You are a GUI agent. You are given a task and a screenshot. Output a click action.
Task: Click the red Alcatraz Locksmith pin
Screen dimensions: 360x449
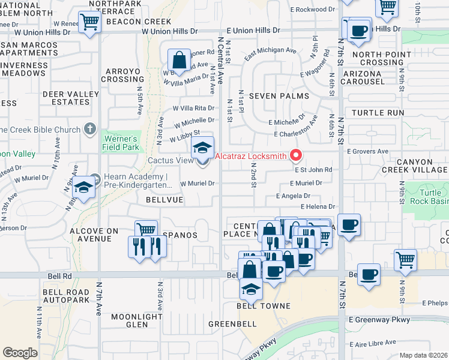[x=295, y=155]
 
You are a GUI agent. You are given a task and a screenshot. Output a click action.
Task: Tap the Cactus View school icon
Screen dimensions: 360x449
[x=203, y=148]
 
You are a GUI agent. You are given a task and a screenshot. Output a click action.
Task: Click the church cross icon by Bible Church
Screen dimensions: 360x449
[x=89, y=128]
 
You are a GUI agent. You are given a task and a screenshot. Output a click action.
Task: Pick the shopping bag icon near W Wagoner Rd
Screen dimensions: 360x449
[x=179, y=59]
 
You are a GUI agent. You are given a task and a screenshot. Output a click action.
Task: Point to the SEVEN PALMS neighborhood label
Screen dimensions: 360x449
[x=279, y=96]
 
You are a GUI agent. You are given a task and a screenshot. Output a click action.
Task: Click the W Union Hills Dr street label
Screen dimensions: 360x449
[x=169, y=31]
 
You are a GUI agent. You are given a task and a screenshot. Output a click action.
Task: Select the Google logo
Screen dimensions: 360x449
[x=20, y=352]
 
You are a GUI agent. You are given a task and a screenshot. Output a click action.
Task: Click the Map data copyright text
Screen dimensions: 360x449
[x=424, y=355]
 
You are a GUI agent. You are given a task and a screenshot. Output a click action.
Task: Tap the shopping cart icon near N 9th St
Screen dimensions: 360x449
[x=406, y=260]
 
